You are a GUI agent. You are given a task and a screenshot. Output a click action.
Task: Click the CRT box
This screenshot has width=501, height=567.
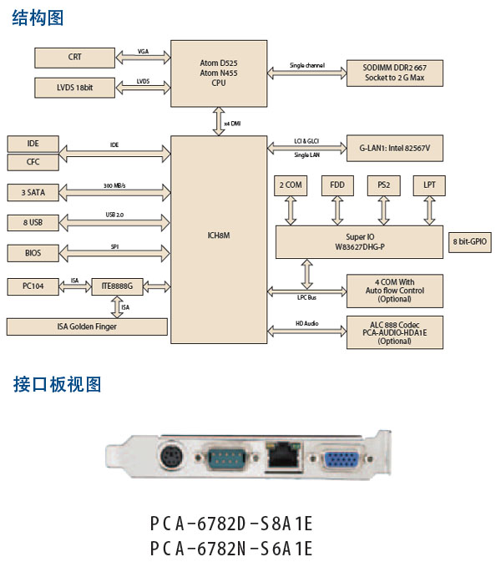75,58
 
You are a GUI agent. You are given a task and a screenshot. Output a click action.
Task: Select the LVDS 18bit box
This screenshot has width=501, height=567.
75,88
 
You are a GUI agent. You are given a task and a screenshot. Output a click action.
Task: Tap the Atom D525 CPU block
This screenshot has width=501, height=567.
219,72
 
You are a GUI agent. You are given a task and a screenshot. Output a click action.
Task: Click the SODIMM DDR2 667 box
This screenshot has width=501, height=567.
394,72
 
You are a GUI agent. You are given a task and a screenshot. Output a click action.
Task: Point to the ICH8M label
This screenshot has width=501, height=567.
219,236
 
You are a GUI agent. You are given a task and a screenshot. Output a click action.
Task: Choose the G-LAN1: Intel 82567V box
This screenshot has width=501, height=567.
394,149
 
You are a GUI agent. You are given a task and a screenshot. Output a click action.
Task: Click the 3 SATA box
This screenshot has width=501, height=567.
33,192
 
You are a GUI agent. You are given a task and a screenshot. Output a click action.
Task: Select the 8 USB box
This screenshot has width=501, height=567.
33,222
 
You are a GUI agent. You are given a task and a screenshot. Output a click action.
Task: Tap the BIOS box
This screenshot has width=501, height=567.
33,252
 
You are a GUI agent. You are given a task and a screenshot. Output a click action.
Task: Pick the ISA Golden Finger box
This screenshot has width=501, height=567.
87,327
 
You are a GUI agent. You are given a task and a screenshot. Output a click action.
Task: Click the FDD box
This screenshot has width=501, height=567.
337,185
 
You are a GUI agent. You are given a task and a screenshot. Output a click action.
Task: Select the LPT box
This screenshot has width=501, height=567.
429,185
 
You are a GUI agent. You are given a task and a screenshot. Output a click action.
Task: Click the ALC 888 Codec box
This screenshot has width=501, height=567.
394,332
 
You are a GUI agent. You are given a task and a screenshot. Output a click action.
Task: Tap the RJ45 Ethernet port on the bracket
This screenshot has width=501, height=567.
277,455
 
